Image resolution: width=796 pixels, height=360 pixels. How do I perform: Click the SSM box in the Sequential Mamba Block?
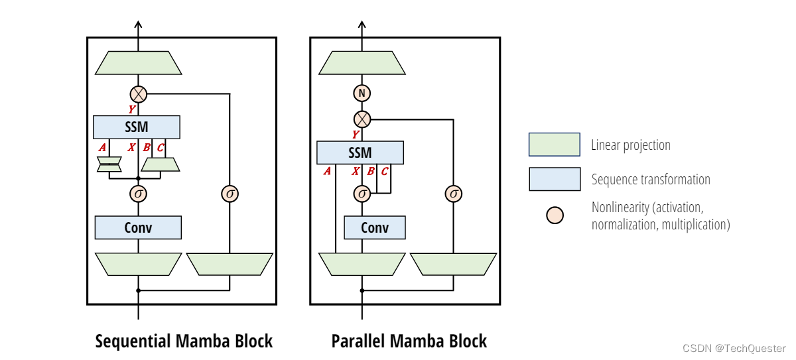[136, 127]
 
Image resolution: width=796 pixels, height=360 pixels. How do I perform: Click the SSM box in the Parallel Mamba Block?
[360, 153]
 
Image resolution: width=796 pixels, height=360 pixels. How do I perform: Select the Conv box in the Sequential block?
[138, 227]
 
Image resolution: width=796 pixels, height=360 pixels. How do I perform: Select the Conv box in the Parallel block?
[374, 227]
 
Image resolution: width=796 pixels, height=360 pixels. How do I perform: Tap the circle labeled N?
[362, 93]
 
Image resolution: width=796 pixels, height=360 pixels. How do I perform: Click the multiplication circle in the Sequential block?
[139, 94]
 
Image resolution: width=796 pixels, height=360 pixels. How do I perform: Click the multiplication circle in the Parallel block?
[362, 119]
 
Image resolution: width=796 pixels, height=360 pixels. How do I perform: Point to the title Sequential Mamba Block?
[184, 341]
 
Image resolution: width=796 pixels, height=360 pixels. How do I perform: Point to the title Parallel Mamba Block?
[409, 341]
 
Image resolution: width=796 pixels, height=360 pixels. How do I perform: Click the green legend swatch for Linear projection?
[554, 145]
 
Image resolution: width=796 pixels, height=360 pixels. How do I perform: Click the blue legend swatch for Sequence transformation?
[554, 179]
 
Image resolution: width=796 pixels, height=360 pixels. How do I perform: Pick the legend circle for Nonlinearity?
[555, 215]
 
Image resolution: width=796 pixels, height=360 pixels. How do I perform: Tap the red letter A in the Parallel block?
[327, 172]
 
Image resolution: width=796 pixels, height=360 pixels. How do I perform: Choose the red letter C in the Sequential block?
[161, 147]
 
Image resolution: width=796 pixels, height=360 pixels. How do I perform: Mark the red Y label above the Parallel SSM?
[356, 135]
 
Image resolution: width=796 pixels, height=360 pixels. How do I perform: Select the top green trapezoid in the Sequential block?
[138, 63]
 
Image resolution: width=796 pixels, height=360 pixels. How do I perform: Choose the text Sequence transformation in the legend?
[651, 180]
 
